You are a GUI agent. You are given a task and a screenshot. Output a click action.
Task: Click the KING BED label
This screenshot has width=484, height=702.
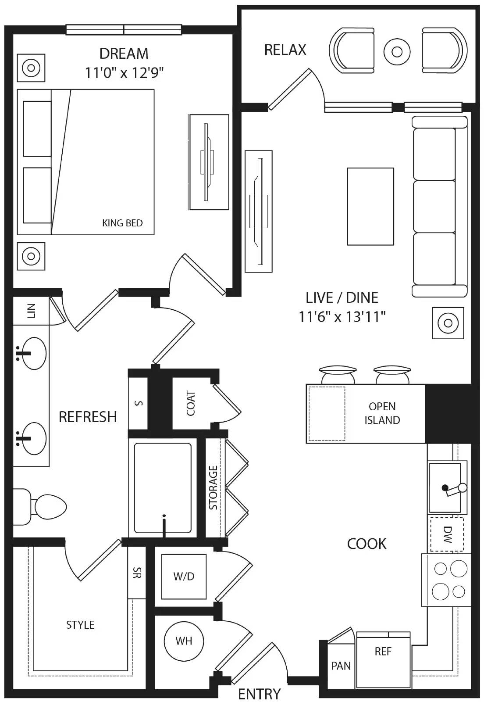coord(122,223)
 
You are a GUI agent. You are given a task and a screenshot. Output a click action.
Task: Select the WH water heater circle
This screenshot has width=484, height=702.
coord(184,641)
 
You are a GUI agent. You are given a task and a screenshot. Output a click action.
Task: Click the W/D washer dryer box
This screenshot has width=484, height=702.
coord(184,577)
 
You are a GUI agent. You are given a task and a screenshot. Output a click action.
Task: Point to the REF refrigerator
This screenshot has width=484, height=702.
coord(383,652)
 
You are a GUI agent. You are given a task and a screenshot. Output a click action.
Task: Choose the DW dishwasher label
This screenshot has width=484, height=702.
coord(447,534)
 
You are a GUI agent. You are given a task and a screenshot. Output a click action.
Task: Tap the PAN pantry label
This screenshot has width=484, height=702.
coord(341,666)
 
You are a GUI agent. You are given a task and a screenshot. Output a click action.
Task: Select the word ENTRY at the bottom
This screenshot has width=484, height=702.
coord(259,694)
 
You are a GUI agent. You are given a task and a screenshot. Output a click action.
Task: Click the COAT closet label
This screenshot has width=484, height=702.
coord(191,403)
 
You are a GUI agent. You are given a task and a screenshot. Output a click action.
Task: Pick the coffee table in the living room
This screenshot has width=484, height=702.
coord(370,206)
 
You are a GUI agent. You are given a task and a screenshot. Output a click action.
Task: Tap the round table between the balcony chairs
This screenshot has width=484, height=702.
coord(397,52)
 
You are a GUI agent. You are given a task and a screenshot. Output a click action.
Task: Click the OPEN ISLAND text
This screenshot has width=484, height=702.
coord(382,413)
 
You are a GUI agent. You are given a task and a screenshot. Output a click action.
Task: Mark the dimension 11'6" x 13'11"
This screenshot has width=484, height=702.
coord(342,316)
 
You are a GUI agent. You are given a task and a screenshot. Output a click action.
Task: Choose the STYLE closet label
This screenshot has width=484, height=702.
coord(80,625)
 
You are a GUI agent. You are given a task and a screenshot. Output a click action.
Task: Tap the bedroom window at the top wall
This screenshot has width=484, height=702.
coord(124,30)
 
